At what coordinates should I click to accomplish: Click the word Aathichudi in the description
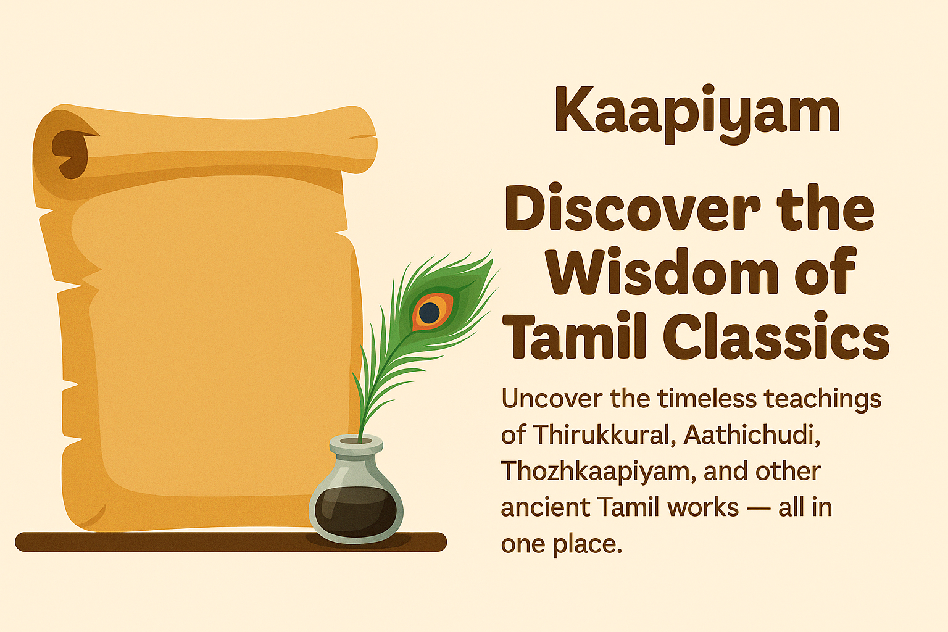[752, 435]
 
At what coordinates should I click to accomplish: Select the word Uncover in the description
[551, 399]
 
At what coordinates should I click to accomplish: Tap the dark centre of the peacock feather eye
[429, 312]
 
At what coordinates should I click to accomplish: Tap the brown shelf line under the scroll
[185, 542]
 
